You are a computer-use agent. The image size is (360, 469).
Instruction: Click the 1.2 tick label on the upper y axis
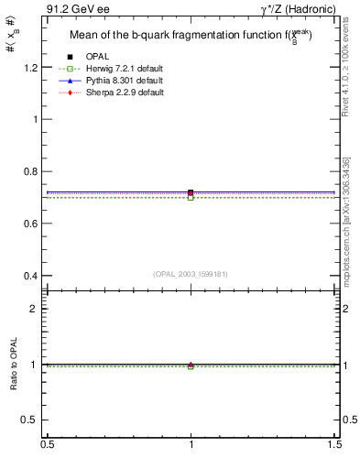32,68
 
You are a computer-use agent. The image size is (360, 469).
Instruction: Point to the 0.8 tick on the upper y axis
32,171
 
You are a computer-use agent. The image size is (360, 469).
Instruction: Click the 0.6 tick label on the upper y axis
32,224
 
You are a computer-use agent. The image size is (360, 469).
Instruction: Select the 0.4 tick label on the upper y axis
32,276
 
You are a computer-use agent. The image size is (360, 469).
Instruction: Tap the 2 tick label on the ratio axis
37,309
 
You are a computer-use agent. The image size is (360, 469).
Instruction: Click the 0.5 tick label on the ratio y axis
32,420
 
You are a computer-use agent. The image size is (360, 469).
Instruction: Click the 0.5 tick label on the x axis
47,444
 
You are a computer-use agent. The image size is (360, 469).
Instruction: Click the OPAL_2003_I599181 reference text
191,273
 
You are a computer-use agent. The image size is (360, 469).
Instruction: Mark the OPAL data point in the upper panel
191,192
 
